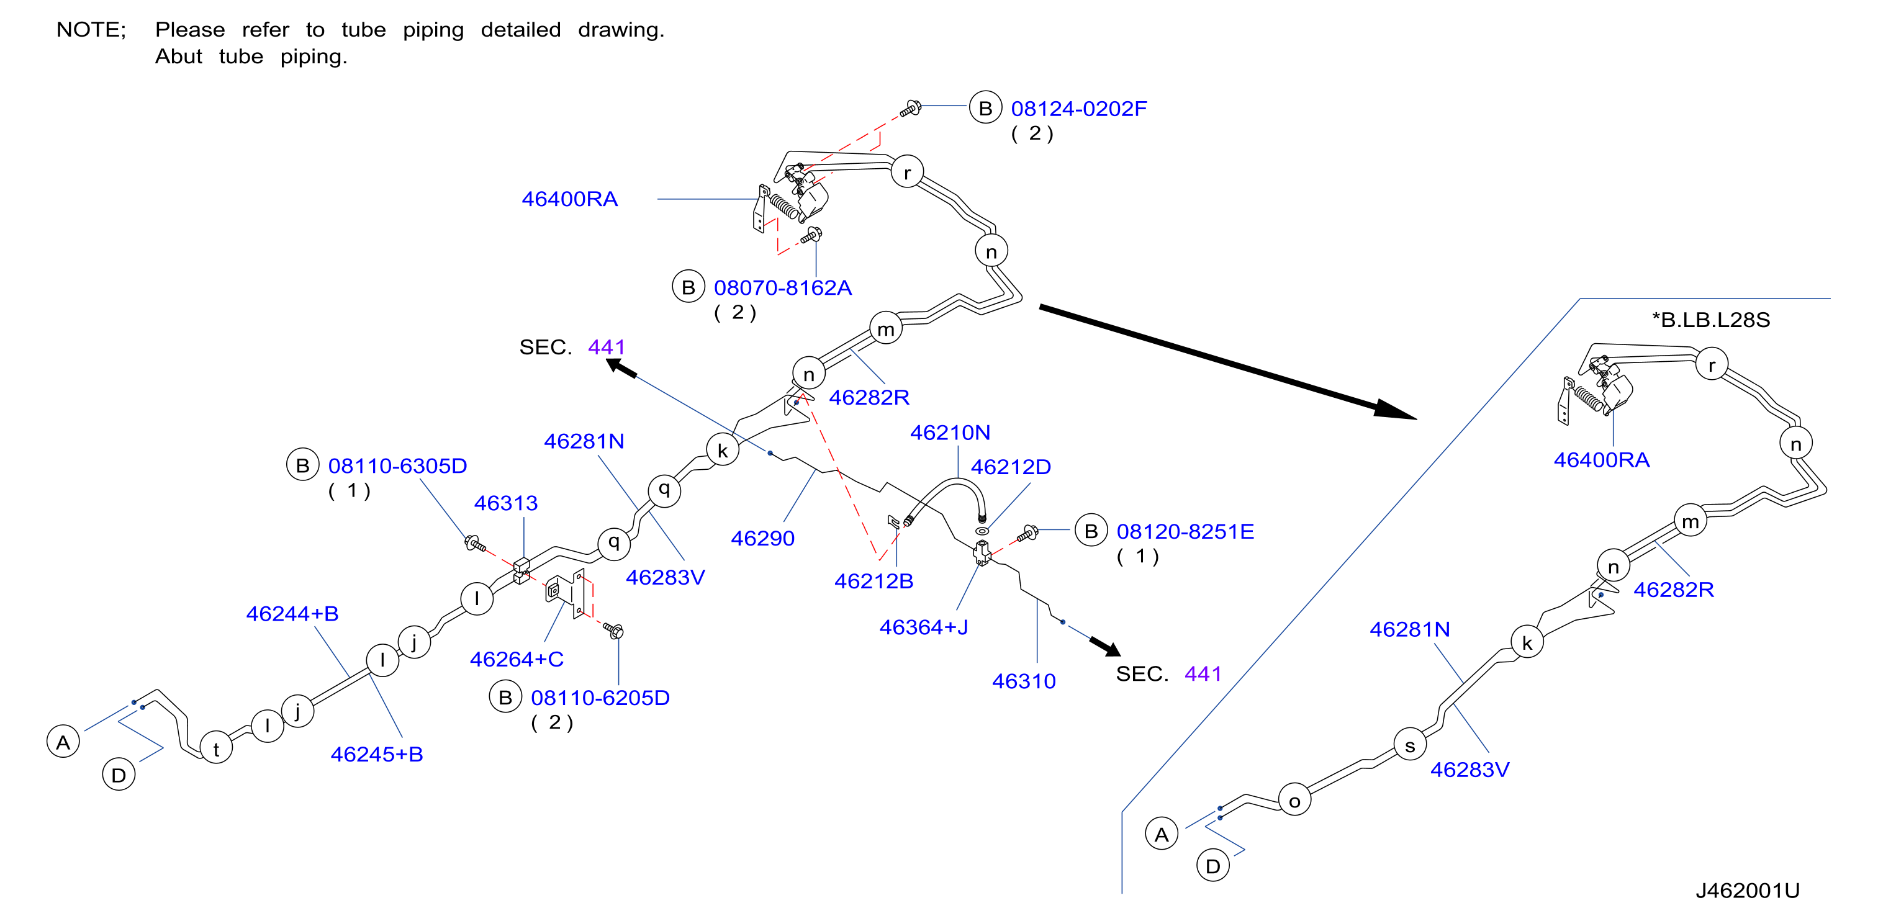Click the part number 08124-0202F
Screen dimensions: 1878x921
coord(1078,109)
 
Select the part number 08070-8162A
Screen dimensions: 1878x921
coord(782,288)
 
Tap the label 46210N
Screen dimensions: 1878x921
coord(949,433)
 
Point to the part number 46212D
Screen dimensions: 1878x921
coord(1011,467)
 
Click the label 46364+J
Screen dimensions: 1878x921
coord(924,627)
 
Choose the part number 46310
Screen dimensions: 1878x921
coord(1024,681)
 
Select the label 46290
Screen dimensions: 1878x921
coord(762,539)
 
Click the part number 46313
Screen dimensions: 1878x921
coord(505,503)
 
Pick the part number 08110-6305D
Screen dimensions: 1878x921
coord(397,466)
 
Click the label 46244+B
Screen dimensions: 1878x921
coord(292,614)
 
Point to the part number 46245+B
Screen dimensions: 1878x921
coord(376,754)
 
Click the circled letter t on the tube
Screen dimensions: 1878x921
coord(216,748)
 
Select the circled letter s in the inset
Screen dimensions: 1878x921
coord(1410,745)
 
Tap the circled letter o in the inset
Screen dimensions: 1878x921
coord(1295,800)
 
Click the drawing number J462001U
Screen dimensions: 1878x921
coord(1748,891)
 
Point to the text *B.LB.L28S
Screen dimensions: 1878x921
coord(1710,320)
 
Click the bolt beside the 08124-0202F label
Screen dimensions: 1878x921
coord(911,109)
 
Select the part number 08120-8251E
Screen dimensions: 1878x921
coord(1185,532)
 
